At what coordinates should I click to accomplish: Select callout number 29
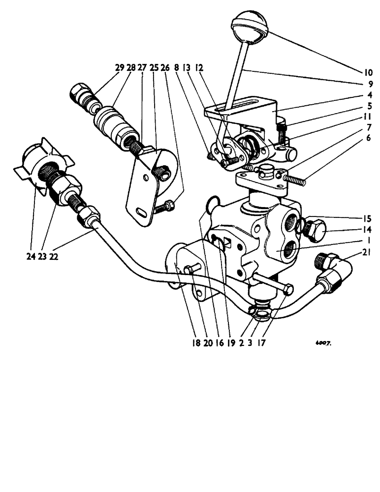[x=120, y=68]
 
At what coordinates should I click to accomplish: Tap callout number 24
[x=29, y=256]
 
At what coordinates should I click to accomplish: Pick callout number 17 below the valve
[x=261, y=343]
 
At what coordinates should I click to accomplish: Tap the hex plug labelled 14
[x=313, y=229]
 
